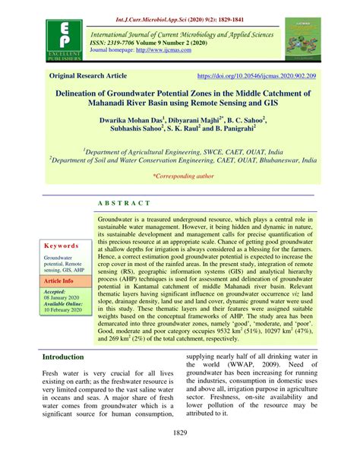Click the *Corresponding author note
click(183, 176)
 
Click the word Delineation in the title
click(92, 91)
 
